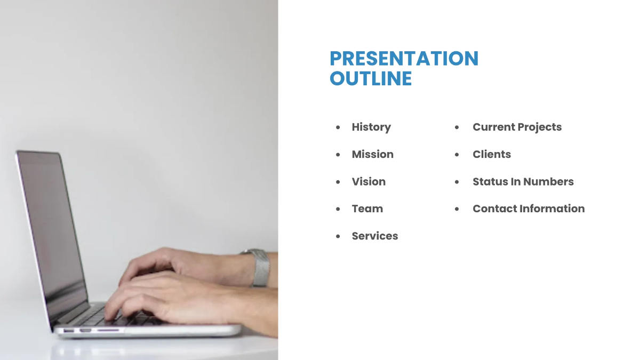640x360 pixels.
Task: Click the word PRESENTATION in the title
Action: [x=404, y=59]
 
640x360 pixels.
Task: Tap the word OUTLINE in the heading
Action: [x=371, y=78]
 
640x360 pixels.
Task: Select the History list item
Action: [x=371, y=127]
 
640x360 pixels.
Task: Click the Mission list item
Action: [x=372, y=154]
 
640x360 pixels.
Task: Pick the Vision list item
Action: [x=369, y=181]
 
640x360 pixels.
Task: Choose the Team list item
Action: [x=367, y=209]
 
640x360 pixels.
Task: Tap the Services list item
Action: [x=374, y=236]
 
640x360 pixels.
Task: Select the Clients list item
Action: [x=491, y=154]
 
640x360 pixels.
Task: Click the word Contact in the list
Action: [x=494, y=209]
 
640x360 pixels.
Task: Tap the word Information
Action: [x=552, y=209]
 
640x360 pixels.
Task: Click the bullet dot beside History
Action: [x=338, y=127]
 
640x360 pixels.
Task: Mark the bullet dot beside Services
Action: [x=338, y=236]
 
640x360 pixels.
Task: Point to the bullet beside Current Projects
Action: [x=457, y=127]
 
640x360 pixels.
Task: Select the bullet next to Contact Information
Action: [x=457, y=209]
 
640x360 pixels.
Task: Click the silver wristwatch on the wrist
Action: [x=260, y=267]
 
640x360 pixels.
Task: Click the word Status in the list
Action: [x=490, y=181]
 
